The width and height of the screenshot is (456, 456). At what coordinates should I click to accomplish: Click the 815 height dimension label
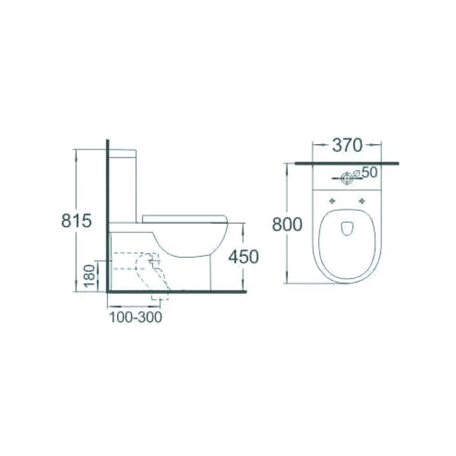point(76,221)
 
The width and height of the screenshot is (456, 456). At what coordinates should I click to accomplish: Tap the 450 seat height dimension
point(243,257)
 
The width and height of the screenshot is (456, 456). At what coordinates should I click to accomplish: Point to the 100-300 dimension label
point(136,317)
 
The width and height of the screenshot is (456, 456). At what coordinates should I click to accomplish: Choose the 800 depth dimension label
point(287,225)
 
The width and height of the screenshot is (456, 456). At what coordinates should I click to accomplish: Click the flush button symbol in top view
point(347,177)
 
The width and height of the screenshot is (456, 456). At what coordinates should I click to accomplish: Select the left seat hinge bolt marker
point(333,201)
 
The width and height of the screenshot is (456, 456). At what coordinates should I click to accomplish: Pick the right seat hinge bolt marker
point(361,201)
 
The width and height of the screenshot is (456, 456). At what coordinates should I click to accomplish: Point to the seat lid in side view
point(184,218)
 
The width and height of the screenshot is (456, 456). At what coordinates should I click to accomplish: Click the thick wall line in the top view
point(347,163)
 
